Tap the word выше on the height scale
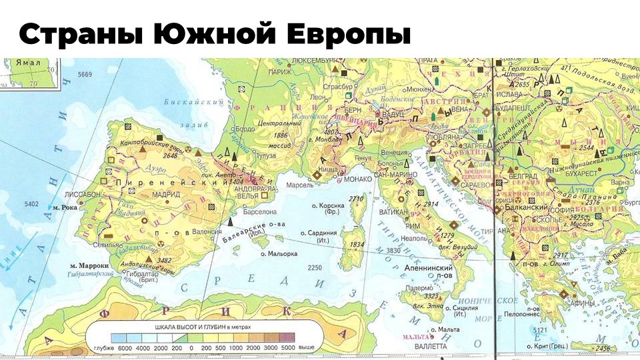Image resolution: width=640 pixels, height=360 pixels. click(x=306, y=348)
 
